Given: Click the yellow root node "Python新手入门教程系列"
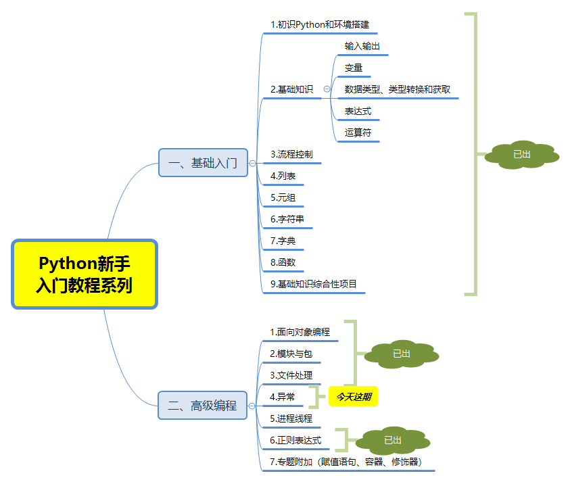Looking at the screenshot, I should (x=85, y=274).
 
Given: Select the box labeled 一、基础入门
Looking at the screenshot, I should (x=203, y=163).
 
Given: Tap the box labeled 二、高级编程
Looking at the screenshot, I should (x=203, y=406).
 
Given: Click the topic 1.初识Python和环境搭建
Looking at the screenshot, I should (x=320, y=25).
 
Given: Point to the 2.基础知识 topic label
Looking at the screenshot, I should (x=291, y=89).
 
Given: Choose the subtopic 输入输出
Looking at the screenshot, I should (x=362, y=47).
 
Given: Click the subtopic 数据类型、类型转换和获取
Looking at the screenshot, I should (x=397, y=89).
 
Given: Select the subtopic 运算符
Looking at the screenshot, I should (x=358, y=132).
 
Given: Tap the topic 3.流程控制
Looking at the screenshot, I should (x=291, y=154).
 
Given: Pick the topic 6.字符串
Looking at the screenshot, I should (x=287, y=219).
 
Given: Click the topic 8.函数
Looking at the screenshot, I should (x=283, y=262).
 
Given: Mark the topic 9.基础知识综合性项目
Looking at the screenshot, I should (x=313, y=284).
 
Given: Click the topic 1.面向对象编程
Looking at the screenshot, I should (x=300, y=332).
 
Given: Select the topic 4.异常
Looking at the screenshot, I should (x=282, y=397).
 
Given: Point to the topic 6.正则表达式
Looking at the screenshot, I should (x=295, y=440).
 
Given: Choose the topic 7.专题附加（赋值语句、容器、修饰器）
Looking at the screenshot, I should (x=346, y=462).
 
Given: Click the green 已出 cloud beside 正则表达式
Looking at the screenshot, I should (x=393, y=440).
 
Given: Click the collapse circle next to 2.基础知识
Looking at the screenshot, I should (x=327, y=89).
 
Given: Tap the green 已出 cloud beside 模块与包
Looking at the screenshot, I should (x=401, y=354).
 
